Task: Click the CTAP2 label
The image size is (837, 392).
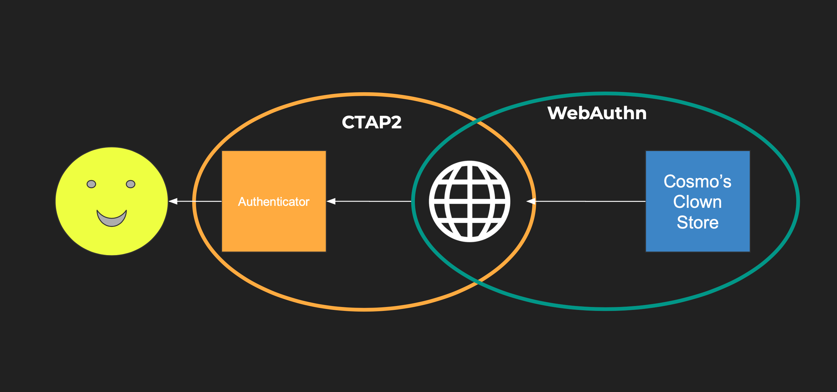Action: tap(372, 122)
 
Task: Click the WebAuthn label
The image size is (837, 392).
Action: tap(597, 113)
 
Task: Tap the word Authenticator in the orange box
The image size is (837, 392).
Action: tap(274, 202)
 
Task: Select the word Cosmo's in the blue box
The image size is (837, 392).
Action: tap(697, 182)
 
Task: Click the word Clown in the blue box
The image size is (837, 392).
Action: tap(697, 202)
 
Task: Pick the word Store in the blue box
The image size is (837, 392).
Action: tap(698, 222)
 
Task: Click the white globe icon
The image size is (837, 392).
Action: tap(470, 201)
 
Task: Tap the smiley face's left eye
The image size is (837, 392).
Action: tap(91, 184)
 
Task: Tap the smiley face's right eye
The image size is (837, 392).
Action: tap(131, 184)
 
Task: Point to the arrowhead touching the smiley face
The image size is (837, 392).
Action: tap(173, 201)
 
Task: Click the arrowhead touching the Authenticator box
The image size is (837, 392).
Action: tap(331, 201)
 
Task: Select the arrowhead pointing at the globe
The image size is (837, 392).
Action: tap(530, 201)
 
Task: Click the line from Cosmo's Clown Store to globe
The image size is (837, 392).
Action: tap(590, 201)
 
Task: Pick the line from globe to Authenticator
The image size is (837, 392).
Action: tap(371, 201)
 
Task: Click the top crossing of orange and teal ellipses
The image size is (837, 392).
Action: tap(478, 122)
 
